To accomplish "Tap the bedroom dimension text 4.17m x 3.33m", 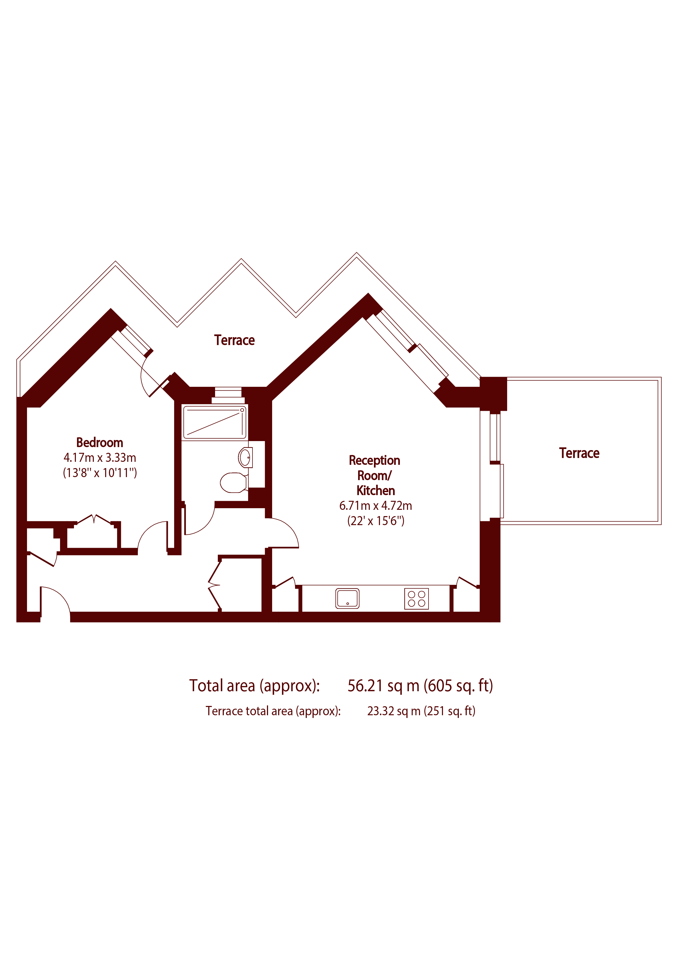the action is tap(100, 458).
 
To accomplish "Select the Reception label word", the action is tap(374, 461).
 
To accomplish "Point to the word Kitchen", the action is tap(376, 491).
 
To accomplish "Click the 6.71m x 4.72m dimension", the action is tap(376, 506).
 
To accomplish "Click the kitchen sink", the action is tap(347, 598).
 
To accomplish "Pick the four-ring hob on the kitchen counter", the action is tap(417, 598).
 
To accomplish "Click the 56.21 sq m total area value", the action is tap(384, 685).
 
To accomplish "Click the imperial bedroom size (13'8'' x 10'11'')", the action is tap(100, 473).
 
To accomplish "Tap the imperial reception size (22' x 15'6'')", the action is tap(376, 521).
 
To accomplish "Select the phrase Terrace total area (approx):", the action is tap(273, 711).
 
